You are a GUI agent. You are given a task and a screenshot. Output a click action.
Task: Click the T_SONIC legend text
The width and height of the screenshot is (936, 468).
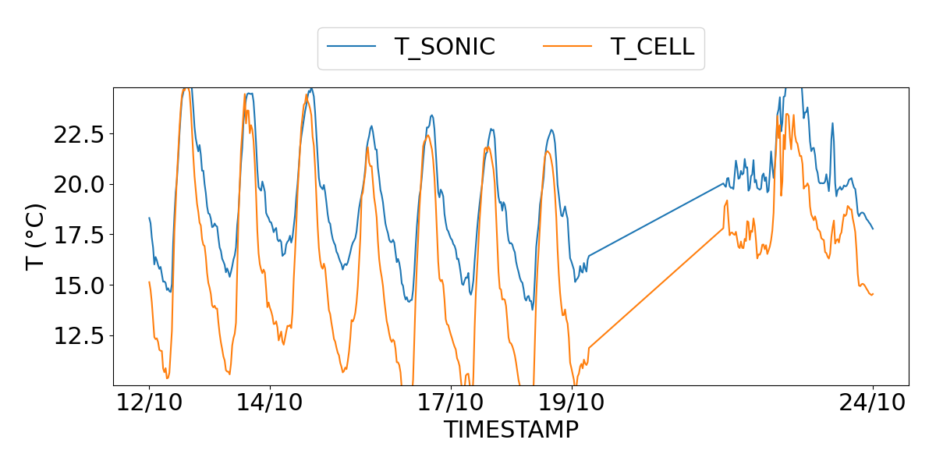[x=445, y=47]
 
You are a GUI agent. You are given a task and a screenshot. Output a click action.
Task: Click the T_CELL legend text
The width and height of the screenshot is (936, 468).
[x=652, y=47]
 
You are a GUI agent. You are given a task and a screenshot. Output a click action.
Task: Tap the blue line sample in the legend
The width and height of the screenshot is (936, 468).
[x=352, y=47]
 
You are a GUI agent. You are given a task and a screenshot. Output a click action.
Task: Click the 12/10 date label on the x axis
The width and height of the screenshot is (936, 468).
[x=149, y=402]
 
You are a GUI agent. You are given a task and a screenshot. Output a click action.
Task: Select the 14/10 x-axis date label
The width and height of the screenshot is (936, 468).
[x=270, y=402]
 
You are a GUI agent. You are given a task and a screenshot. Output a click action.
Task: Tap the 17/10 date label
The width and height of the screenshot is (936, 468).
[x=451, y=402]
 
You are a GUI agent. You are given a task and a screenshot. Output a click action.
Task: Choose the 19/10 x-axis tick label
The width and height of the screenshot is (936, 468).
[x=572, y=402]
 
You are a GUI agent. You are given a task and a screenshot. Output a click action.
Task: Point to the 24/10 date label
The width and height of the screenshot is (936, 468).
[x=873, y=402]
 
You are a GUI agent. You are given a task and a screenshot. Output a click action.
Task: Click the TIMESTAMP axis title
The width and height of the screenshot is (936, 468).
[x=511, y=429]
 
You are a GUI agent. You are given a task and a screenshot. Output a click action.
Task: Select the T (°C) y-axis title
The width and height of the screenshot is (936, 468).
[x=36, y=236]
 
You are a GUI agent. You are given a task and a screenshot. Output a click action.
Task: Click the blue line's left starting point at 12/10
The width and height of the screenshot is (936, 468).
[x=149, y=218]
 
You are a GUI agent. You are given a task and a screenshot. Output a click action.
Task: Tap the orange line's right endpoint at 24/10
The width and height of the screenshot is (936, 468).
[x=873, y=294]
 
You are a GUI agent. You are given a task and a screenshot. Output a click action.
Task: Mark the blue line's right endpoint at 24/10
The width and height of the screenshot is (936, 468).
[x=873, y=229]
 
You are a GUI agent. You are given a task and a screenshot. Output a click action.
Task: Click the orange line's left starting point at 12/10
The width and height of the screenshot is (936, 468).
[x=149, y=282]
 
